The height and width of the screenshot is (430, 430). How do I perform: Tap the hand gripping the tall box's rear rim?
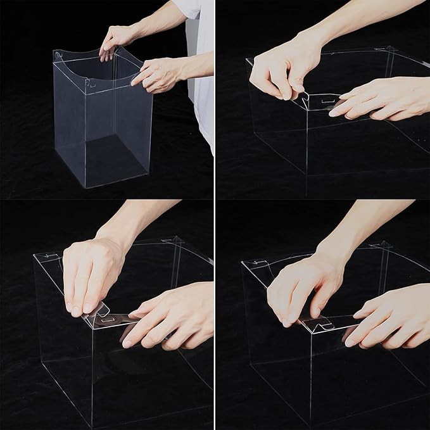tap(119, 39)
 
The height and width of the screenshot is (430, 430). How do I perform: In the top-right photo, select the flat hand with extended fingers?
tap(380, 98)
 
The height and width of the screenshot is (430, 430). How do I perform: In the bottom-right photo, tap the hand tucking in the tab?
tap(298, 288)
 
